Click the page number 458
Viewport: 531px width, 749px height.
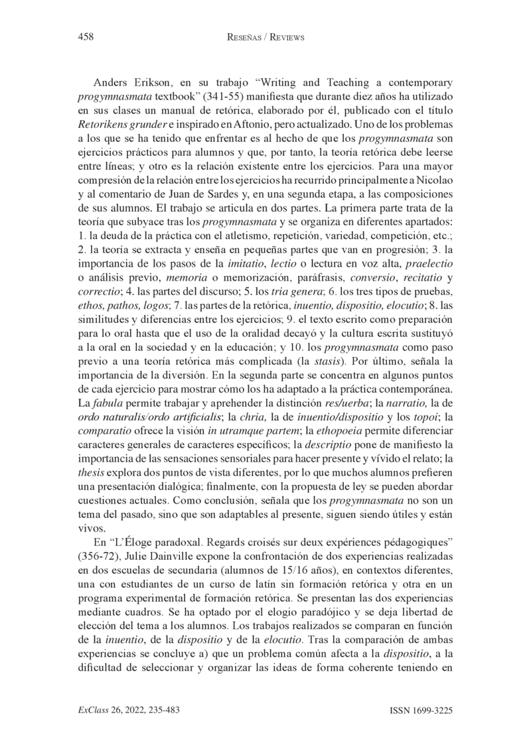click(85, 38)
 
